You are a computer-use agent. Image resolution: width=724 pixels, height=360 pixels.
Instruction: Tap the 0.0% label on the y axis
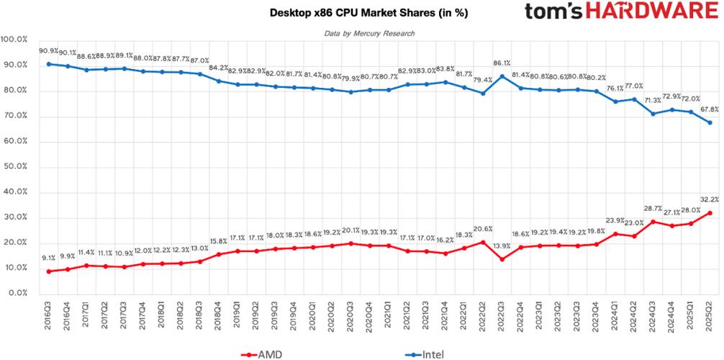pos(17,294)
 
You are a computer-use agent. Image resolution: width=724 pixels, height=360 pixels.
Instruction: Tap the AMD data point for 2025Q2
pos(710,212)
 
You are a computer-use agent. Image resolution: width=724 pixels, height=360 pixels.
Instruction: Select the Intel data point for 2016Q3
pos(49,63)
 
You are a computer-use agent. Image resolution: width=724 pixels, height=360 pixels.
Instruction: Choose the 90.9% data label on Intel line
pos(49,50)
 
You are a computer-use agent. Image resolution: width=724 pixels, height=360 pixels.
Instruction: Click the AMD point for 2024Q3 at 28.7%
pos(653,221)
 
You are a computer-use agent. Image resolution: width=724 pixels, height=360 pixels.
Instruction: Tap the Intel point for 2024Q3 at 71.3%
pos(653,113)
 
